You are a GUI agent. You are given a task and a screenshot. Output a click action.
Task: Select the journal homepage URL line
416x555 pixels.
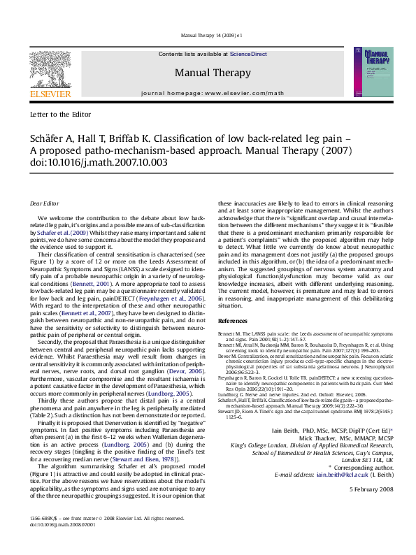click(x=213, y=92)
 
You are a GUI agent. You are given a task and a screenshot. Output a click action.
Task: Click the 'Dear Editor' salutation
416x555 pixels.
click(x=45, y=203)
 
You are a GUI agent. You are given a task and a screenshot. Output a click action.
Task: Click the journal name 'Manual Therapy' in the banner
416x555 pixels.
click(x=212, y=73)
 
